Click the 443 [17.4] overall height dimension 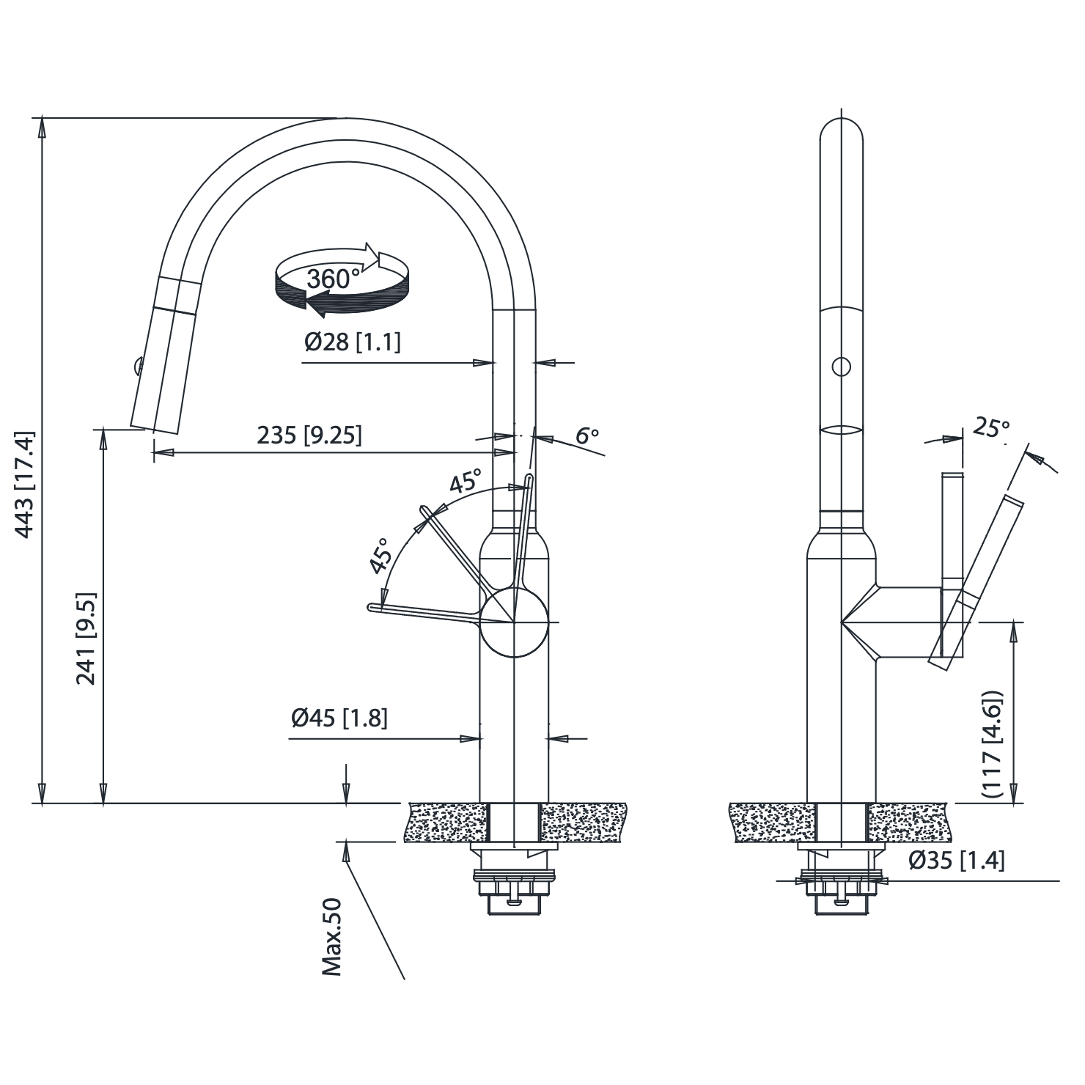[x=23, y=485]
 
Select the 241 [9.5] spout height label [x=87, y=638]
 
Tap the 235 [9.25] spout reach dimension [x=309, y=435]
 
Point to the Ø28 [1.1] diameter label [x=353, y=342]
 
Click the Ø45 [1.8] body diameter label [x=339, y=718]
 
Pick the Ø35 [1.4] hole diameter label [x=956, y=860]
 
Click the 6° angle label [x=586, y=436]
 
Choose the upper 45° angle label [x=466, y=482]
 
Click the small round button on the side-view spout [x=842, y=365]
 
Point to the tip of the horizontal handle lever [x=374, y=607]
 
